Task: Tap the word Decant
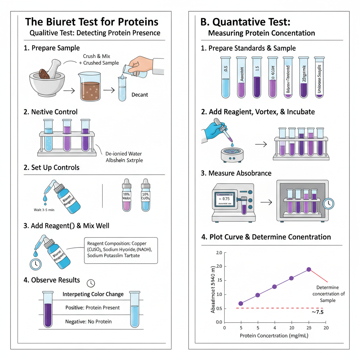pyautogui.click(x=139, y=95)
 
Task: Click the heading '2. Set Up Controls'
pyautogui.click(x=51, y=167)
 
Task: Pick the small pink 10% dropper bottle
pyautogui.click(x=126, y=195)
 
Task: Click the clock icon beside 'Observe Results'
pyautogui.click(x=91, y=283)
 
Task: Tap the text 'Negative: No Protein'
pyautogui.click(x=88, y=321)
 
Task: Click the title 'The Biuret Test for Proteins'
pyautogui.click(x=92, y=22)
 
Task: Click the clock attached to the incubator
pyautogui.click(x=328, y=203)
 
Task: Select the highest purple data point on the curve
pyautogui.click(x=309, y=269)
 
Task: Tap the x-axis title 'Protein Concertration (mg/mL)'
pyautogui.click(x=274, y=335)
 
